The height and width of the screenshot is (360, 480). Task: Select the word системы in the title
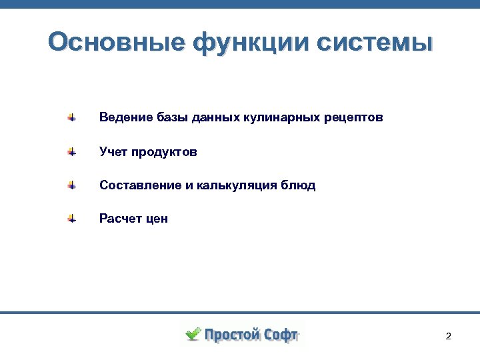tap(374, 43)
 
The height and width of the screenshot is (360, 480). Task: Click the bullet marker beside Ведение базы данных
tap(71, 118)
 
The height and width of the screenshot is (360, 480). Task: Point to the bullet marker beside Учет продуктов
tap(71, 152)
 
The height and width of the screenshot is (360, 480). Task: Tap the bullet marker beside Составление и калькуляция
tap(71, 185)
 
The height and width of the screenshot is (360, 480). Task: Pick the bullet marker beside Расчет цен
tap(71, 219)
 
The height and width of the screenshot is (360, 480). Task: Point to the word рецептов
tap(353, 118)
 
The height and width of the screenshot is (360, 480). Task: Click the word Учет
tap(113, 152)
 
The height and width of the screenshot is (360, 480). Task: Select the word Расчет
tap(118, 219)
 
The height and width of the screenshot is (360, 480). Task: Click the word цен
tap(155, 219)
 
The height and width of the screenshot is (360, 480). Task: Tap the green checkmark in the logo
tap(193, 334)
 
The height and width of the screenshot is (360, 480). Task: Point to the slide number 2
tap(448, 336)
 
